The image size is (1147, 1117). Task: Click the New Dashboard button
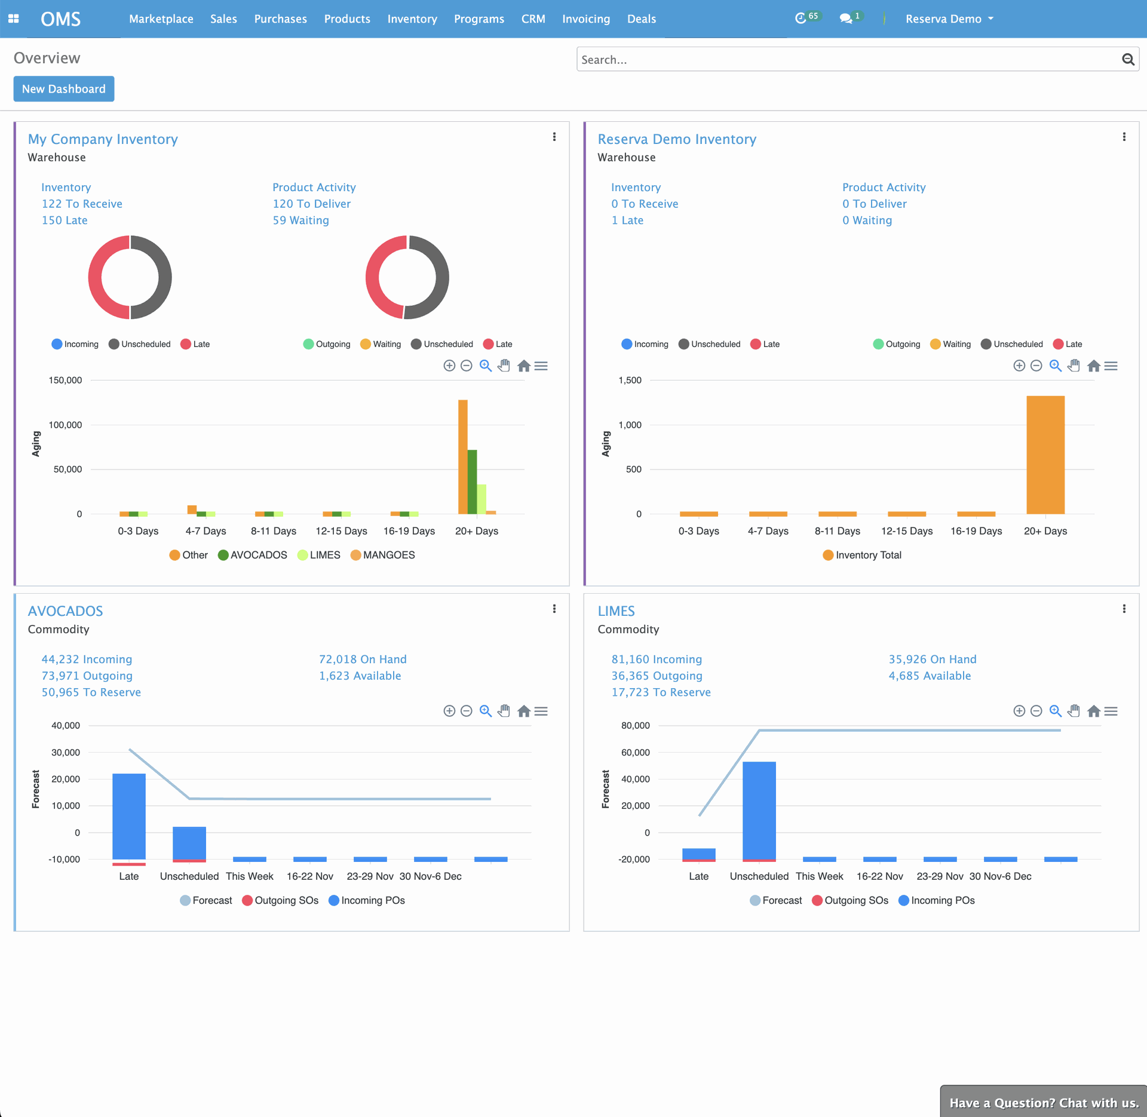[x=64, y=89]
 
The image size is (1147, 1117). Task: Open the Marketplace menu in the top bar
[x=161, y=19]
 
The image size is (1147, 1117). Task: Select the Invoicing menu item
[x=585, y=19]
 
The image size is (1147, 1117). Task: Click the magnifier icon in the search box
[x=1128, y=59]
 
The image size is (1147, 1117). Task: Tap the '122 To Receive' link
[x=82, y=204]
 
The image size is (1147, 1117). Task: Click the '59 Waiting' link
[x=300, y=220]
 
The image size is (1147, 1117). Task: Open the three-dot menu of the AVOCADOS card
[x=554, y=609]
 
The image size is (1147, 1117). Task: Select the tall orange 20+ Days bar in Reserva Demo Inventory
[x=1045, y=454]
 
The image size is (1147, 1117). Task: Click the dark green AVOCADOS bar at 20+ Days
[x=472, y=481]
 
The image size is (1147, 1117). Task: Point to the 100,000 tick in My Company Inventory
[x=65, y=425]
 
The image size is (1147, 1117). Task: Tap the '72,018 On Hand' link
[x=362, y=659]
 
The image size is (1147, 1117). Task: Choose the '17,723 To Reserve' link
[x=661, y=692]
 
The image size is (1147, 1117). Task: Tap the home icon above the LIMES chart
[x=1093, y=711]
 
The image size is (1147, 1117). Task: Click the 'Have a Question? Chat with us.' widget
[x=1044, y=1103]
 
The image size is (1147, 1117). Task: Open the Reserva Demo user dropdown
[x=949, y=19]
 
